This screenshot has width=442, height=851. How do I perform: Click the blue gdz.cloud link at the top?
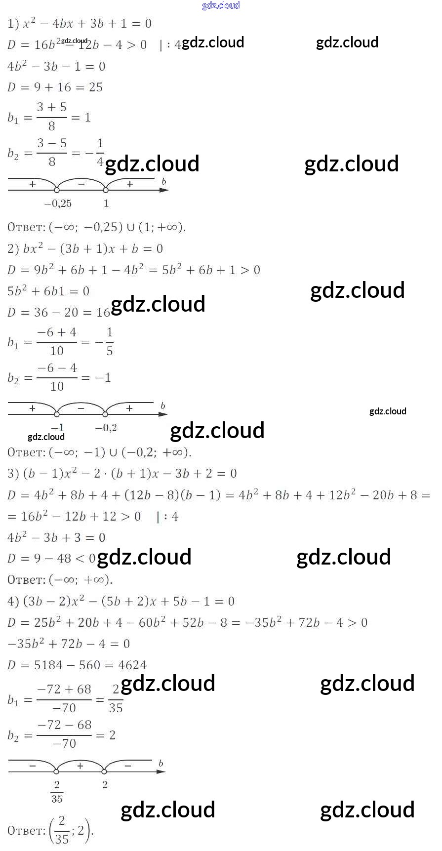(x=221, y=5)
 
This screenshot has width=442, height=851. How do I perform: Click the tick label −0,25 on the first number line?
(x=58, y=203)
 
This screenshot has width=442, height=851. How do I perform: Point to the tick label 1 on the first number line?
(x=106, y=203)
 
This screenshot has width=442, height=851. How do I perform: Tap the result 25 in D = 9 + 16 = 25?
(x=96, y=87)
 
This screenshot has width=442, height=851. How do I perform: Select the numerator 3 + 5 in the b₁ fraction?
(x=51, y=107)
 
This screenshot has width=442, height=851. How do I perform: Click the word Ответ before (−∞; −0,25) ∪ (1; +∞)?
(x=26, y=227)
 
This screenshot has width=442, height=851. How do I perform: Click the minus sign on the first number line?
(x=81, y=184)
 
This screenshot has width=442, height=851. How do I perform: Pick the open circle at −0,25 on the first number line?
(x=57, y=190)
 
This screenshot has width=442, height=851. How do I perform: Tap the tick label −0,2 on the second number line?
(x=106, y=428)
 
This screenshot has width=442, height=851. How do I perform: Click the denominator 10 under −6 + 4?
(x=57, y=351)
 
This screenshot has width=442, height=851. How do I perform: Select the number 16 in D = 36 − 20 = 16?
(x=103, y=313)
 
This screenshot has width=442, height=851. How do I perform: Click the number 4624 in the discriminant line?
(x=132, y=665)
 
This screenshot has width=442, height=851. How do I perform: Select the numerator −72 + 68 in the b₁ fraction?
(x=64, y=689)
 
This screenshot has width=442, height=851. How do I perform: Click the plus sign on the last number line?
(x=80, y=766)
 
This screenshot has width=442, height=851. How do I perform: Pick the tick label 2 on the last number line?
(x=105, y=785)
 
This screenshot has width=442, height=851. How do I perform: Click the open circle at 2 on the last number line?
(x=104, y=771)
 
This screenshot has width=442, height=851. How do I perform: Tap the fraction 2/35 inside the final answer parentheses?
(x=62, y=831)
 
